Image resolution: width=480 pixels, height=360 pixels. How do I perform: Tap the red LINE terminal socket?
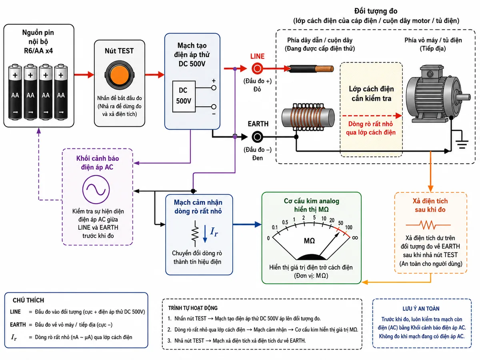tap(257, 69)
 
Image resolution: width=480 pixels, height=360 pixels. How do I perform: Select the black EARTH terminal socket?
tap(257, 137)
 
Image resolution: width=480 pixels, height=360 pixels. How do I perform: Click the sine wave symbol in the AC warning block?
tap(96, 189)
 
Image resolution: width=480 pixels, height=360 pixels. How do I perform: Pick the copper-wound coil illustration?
tap(308, 117)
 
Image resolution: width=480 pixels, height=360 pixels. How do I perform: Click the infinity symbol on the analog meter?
tap(355, 238)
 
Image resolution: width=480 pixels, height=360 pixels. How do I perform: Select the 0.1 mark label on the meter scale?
tap(274, 227)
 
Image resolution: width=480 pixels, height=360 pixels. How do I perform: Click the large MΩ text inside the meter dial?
tap(309, 241)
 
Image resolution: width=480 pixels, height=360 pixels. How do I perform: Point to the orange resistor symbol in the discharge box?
tap(428, 225)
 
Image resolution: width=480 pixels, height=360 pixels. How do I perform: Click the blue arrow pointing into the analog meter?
tap(247, 224)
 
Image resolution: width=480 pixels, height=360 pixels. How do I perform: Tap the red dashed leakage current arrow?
tap(372, 116)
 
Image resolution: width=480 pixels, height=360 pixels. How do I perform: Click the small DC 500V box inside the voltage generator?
tap(184, 96)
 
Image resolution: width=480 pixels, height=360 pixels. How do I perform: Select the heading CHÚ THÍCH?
tap(28, 300)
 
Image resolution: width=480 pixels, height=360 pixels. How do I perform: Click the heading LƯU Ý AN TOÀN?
tap(421, 308)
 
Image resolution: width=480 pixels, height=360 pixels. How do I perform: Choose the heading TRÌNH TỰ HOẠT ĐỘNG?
tap(193, 308)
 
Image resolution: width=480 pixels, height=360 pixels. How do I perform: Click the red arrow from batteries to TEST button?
tap(84, 75)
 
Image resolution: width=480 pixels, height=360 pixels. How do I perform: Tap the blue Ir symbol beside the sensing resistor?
tap(214, 232)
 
